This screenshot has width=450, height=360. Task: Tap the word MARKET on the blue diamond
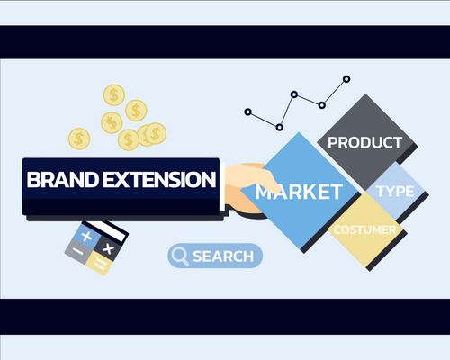click(298, 192)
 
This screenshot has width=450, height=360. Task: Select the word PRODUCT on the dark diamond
click(364, 143)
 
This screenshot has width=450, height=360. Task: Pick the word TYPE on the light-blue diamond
click(395, 192)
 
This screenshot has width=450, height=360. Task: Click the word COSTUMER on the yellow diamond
click(365, 230)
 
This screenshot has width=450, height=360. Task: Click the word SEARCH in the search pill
click(223, 256)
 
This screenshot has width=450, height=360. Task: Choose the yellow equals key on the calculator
click(101, 265)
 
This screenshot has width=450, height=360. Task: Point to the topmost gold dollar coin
click(114, 94)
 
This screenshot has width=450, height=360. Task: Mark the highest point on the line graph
click(346, 79)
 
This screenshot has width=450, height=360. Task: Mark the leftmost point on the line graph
click(248, 112)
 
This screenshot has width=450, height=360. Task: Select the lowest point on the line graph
click(280, 126)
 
